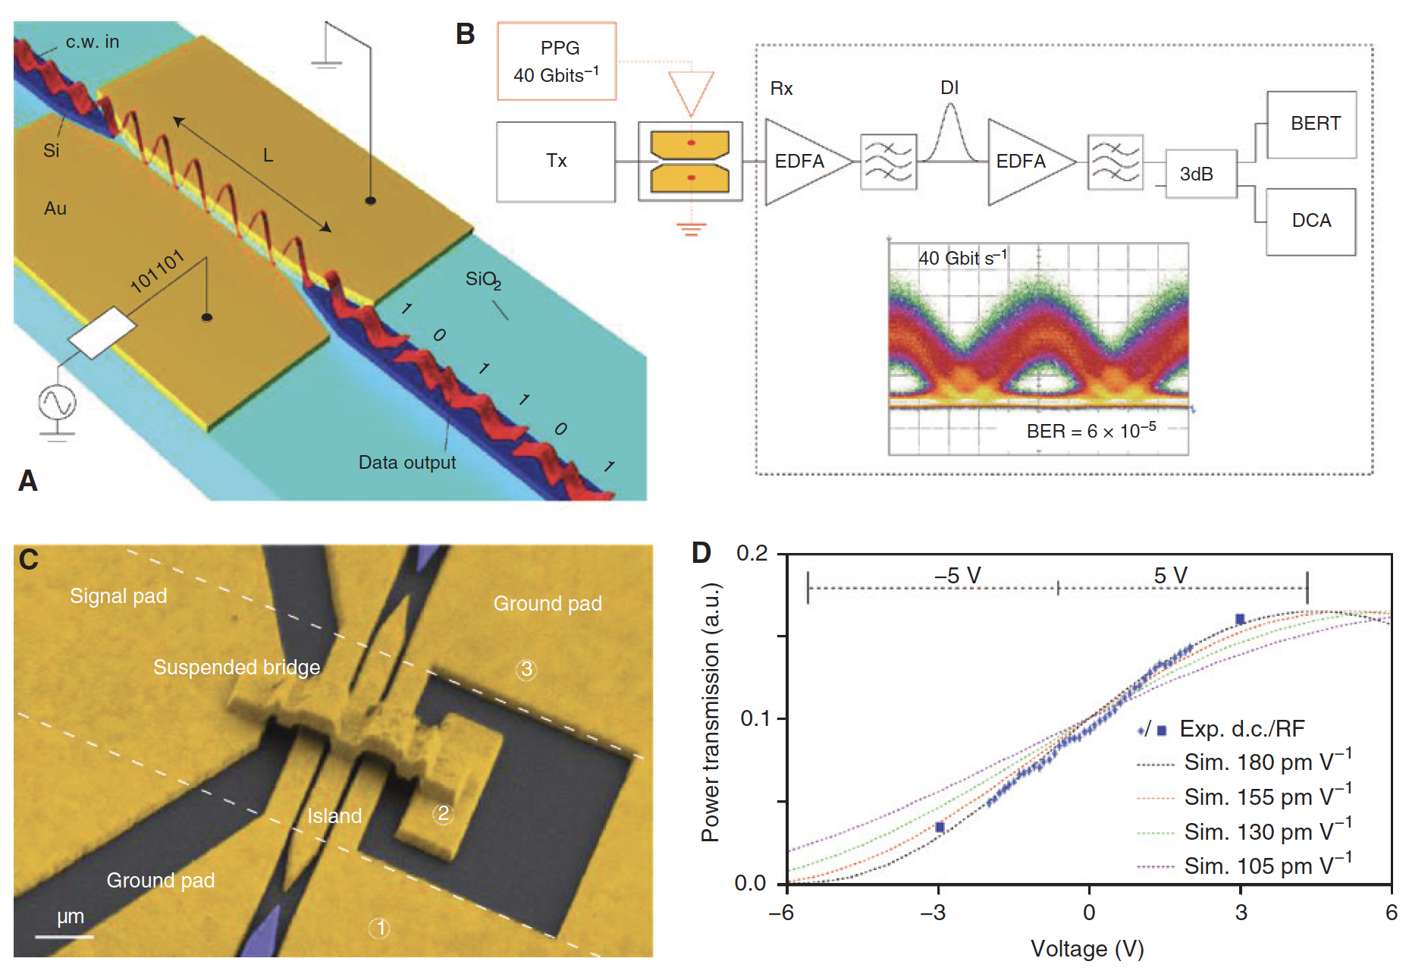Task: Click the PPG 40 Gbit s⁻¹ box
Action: tap(557, 61)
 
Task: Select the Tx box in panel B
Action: tap(556, 162)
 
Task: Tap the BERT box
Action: tap(1311, 124)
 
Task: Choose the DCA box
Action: tap(1310, 222)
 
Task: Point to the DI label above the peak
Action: tap(949, 88)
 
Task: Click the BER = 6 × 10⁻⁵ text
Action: tap(1090, 431)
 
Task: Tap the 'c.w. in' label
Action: tap(92, 42)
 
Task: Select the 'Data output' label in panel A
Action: tap(406, 463)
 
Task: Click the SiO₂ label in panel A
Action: tap(483, 280)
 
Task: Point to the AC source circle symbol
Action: tap(58, 402)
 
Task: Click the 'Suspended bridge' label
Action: tap(237, 668)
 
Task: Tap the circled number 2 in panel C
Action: tap(443, 814)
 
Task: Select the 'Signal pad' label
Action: tap(118, 596)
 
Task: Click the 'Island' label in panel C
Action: tap(334, 816)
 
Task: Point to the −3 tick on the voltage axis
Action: tap(938, 913)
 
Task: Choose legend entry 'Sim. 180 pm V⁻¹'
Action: tap(1267, 762)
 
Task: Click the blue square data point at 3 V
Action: tap(1240, 620)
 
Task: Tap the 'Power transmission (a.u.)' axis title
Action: tap(710, 712)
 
